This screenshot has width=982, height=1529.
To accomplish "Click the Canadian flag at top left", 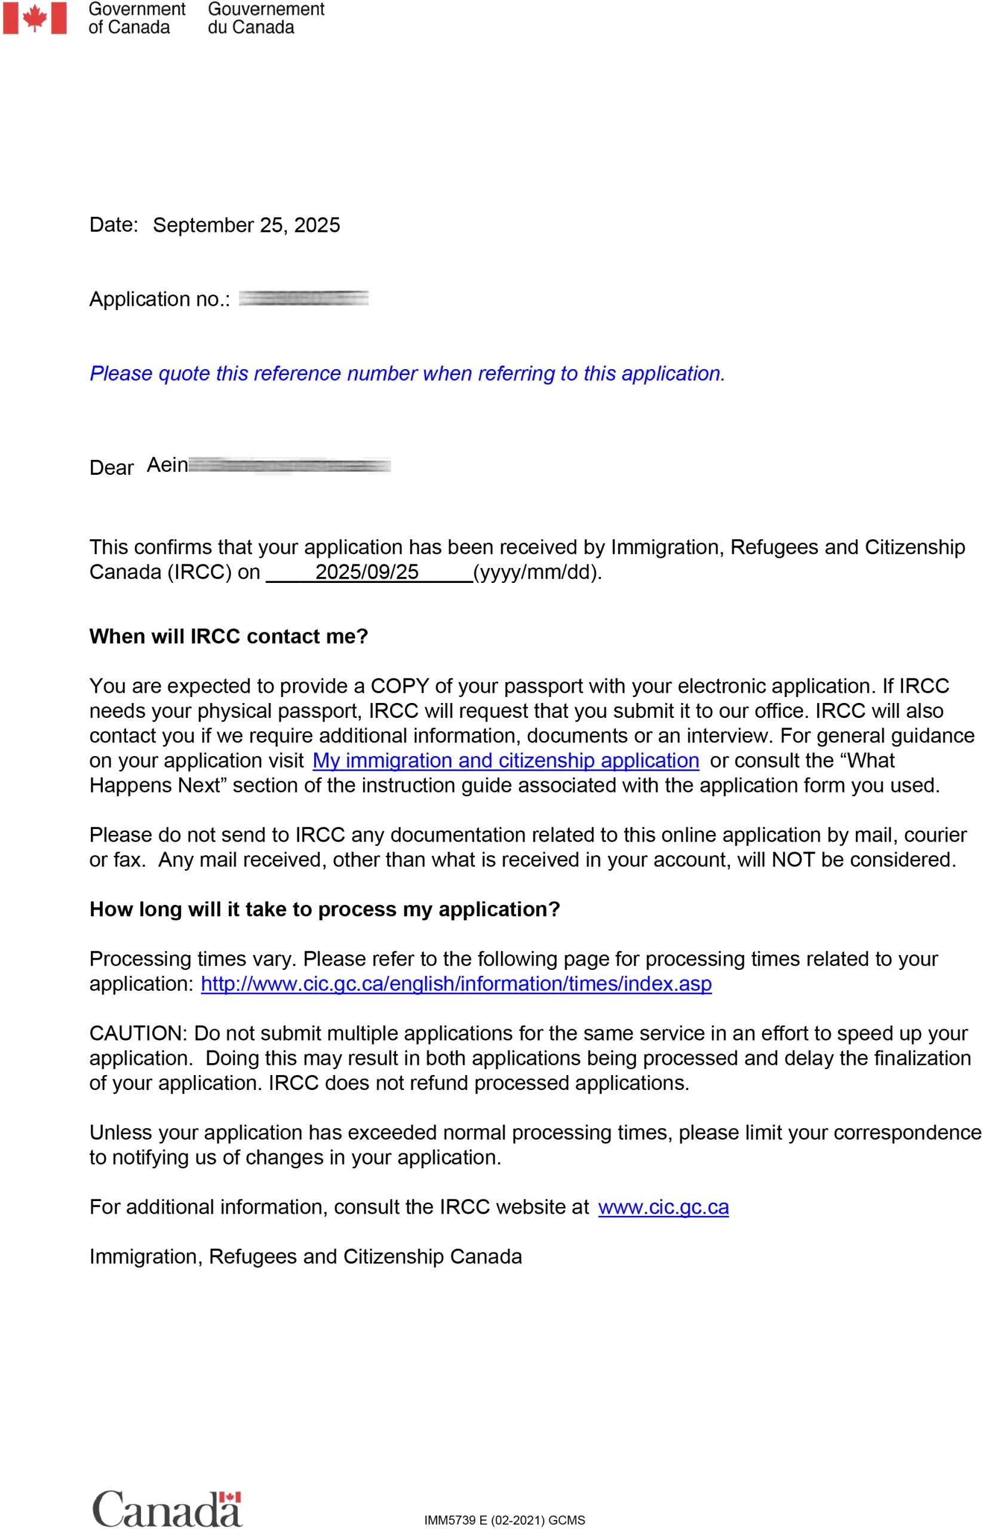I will coord(35,17).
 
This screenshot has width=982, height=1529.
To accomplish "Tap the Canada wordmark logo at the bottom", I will coord(167,1509).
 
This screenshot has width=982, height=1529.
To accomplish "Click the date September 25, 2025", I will coord(246,225).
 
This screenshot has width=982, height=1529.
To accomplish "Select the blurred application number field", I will coord(303,299).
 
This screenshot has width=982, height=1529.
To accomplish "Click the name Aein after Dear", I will coord(167,465).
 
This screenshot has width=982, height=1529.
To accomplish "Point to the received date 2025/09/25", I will coord(367,572).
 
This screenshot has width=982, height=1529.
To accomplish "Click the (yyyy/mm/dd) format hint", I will coord(537,572).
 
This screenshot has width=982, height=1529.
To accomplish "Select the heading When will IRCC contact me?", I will coord(228,636).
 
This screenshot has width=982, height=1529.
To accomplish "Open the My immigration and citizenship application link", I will coord(506,761).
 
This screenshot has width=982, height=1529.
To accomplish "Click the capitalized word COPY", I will coord(400,686).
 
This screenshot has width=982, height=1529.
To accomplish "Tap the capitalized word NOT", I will coord(793,860).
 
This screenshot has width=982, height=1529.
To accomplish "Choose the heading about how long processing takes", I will coord(324,909).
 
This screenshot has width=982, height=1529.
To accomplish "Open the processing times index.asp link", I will coord(456,984).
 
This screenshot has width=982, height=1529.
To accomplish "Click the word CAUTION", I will coord(137,1034).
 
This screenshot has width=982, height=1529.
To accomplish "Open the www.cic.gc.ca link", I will coord(663,1207).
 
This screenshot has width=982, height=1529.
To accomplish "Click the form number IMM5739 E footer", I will coord(504,1520).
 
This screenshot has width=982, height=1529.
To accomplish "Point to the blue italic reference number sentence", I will coord(407,374).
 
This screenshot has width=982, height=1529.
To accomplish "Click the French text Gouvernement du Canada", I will coord(266,18).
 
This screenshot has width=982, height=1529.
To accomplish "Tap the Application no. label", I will coord(159,299).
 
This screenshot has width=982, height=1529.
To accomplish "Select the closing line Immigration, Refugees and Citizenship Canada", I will coord(305,1257).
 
